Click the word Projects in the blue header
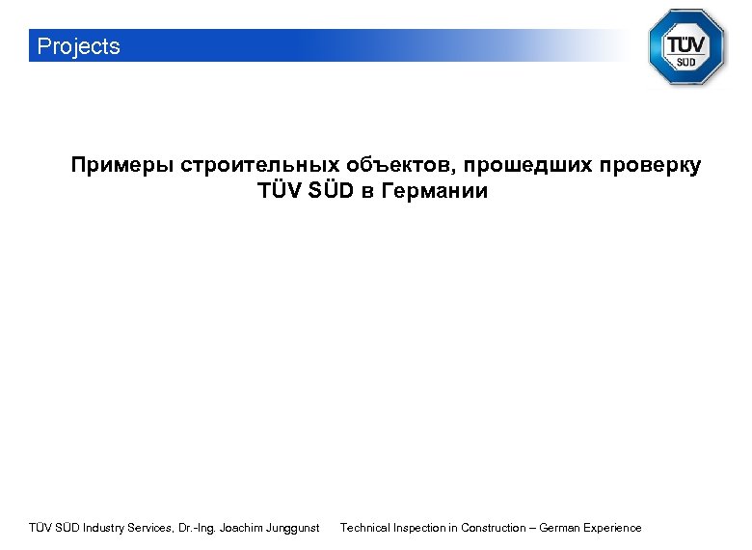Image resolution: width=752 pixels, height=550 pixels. (x=78, y=46)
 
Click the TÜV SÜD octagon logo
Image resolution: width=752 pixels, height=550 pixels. (x=685, y=47)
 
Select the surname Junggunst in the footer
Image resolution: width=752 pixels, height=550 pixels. (x=290, y=528)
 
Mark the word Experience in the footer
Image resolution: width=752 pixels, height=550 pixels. (x=613, y=528)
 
